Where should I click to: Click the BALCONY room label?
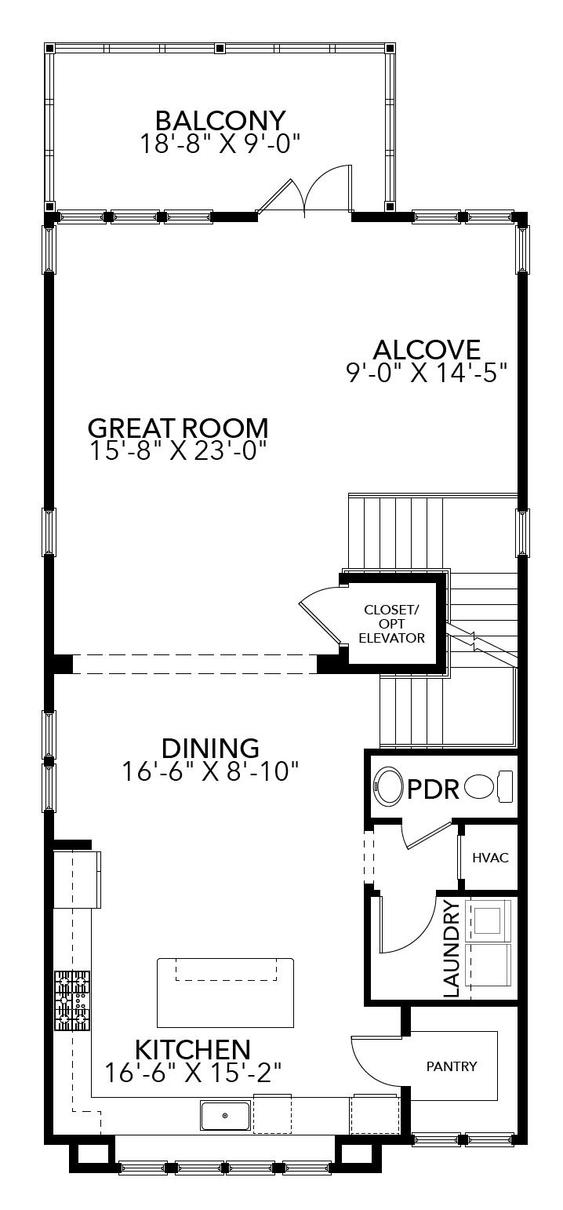(220, 121)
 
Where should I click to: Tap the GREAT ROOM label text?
(178, 428)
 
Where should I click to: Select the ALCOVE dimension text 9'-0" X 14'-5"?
(427, 372)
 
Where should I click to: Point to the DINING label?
(210, 748)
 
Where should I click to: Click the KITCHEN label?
(193, 1049)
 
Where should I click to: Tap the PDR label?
(433, 789)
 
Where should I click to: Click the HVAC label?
(490, 858)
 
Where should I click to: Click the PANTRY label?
(452, 1066)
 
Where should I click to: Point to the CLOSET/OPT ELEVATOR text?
(391, 624)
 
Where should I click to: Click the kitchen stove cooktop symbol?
(71, 1000)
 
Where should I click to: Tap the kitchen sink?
(225, 1115)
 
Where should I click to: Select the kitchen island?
(225, 993)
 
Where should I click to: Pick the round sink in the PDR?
(388, 787)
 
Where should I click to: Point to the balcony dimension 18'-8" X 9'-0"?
(220, 144)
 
